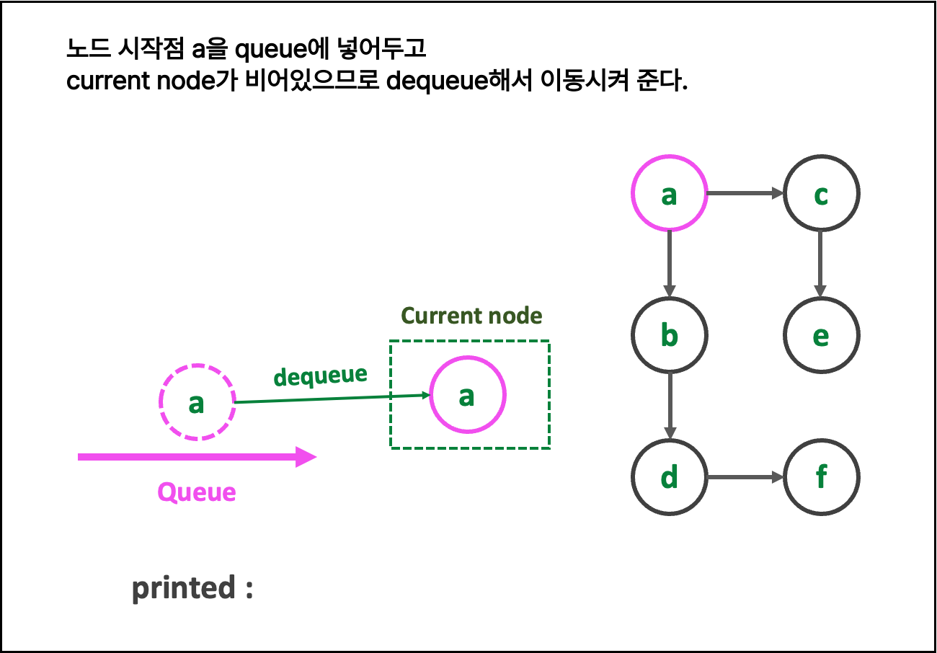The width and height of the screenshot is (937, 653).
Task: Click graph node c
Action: pyautogui.click(x=821, y=193)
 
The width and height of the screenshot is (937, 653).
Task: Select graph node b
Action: pyautogui.click(x=670, y=335)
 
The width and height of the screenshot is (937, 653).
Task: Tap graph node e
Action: pyautogui.click(x=821, y=335)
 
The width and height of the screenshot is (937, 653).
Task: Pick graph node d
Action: pyautogui.click(x=670, y=477)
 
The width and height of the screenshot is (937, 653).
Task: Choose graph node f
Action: pyautogui.click(x=821, y=477)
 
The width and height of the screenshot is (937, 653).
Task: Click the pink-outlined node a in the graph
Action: pyautogui.click(x=670, y=193)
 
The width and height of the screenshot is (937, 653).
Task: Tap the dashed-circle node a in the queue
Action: pyautogui.click(x=197, y=402)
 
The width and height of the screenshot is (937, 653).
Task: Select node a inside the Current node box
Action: pyautogui.click(x=468, y=395)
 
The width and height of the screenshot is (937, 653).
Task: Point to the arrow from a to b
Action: pyautogui.click(x=670, y=264)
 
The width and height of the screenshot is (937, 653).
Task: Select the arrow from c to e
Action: pyautogui.click(x=821, y=264)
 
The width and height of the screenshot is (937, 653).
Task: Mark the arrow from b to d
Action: pyautogui.click(x=670, y=406)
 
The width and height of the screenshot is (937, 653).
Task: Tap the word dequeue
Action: pyautogui.click(x=320, y=376)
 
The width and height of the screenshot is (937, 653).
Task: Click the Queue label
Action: pyautogui.click(x=197, y=492)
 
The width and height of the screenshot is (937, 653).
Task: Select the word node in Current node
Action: pyautogui.click(x=513, y=316)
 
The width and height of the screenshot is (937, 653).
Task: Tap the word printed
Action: pyautogui.click(x=184, y=588)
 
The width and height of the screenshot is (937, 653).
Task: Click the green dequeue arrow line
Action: pyautogui.click(x=332, y=399)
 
